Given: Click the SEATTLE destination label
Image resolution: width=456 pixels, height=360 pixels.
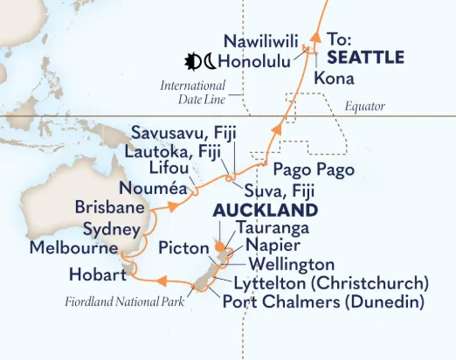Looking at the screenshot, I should (365, 57).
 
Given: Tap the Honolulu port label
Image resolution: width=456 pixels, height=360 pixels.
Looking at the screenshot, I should (256, 62).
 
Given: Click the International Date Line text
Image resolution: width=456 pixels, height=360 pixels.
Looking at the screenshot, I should (193, 93).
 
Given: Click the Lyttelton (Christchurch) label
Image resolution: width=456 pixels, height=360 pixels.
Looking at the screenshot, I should (331, 283).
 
